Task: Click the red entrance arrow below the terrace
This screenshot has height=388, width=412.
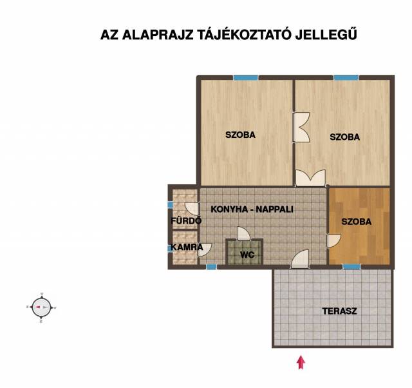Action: (x=301, y=362)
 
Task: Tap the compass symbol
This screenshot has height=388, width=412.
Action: (x=41, y=307)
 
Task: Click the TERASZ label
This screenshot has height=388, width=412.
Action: (x=339, y=311)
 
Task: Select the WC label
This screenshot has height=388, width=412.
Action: (x=247, y=255)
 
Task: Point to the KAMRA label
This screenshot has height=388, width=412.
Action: (x=187, y=247)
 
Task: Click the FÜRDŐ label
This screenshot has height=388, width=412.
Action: (x=186, y=220)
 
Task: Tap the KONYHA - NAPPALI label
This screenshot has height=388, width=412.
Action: (x=252, y=209)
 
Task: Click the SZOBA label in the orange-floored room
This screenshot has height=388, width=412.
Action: (x=356, y=222)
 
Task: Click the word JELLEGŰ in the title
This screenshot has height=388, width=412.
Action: (x=326, y=34)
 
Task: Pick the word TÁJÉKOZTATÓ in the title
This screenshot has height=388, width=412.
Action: (x=244, y=34)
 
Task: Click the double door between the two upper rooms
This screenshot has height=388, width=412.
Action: (x=301, y=128)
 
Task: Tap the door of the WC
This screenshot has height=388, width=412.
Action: (x=243, y=233)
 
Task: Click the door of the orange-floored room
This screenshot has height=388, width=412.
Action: (x=333, y=240)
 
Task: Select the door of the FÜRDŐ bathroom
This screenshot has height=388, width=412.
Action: (x=192, y=209)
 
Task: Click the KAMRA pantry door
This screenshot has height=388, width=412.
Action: (x=205, y=250)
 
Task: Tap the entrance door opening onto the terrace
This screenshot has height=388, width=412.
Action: (x=300, y=259)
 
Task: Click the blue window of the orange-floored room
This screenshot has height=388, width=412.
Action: (x=351, y=267)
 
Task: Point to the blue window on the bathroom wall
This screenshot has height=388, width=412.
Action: (x=170, y=205)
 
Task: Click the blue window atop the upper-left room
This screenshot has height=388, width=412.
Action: (x=246, y=77)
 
